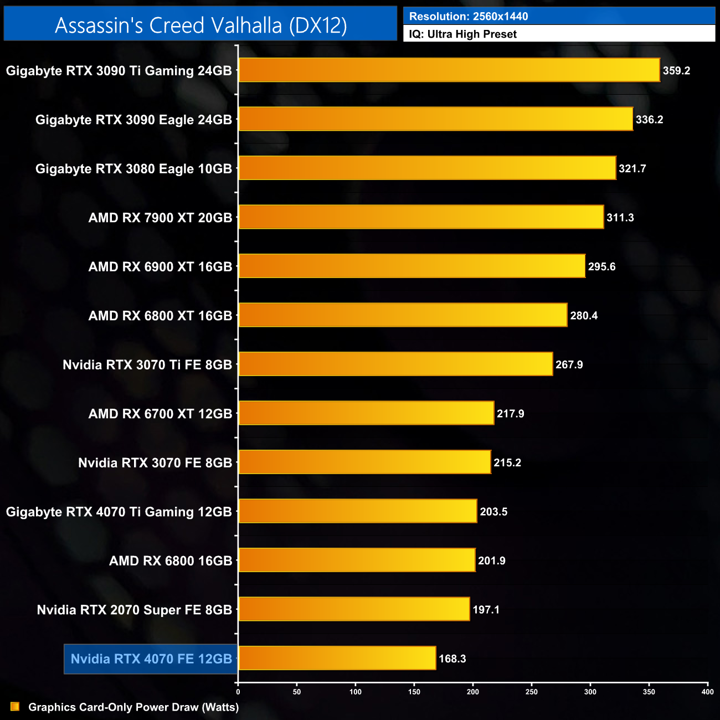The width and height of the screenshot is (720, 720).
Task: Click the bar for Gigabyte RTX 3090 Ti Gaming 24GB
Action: point(449,70)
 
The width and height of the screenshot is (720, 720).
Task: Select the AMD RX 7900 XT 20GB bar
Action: point(421,217)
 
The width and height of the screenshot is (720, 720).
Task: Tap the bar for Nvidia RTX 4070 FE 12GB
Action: point(337,658)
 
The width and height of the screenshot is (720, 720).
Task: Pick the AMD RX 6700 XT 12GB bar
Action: point(366,413)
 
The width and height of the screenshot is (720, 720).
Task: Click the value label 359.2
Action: point(676,71)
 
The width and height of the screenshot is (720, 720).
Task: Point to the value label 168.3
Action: point(452,659)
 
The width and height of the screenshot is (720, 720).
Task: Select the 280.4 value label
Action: point(584,316)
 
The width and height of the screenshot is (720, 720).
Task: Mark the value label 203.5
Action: point(493,512)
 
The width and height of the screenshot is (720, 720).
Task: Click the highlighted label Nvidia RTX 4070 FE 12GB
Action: point(151,659)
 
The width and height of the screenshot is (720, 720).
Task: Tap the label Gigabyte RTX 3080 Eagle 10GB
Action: point(133,169)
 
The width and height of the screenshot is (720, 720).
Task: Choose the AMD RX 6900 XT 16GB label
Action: point(160,267)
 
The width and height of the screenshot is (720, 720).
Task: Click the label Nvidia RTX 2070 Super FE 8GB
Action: point(134,610)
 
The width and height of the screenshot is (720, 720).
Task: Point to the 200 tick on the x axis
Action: point(473,692)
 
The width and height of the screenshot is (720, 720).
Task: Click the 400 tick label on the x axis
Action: point(707,692)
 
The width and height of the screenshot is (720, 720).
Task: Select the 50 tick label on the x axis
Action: point(297,692)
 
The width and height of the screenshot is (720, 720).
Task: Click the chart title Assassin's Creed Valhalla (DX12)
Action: point(200,25)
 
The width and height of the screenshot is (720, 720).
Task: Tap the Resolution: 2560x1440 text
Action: point(469,17)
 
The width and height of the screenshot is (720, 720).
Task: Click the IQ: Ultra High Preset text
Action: point(462,34)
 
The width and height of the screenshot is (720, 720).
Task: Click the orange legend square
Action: point(15,707)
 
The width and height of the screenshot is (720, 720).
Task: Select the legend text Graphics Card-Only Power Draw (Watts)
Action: point(133,707)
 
